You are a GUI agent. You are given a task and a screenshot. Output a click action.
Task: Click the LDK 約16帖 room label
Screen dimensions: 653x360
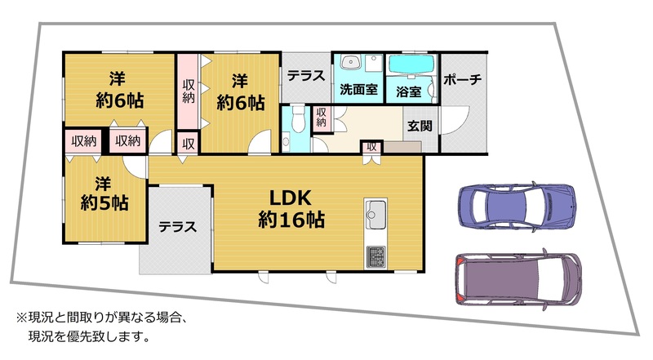click(x=291, y=208)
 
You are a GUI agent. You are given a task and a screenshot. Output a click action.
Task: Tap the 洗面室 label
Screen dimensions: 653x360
click(x=358, y=89)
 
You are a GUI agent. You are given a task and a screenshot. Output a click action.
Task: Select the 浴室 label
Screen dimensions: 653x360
click(x=409, y=91)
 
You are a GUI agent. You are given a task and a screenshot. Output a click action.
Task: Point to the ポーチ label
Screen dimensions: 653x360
click(x=463, y=79)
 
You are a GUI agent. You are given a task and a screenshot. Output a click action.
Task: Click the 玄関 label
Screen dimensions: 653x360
click(x=420, y=126)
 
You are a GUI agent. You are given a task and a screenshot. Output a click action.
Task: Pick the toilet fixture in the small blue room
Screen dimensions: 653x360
click(x=298, y=118)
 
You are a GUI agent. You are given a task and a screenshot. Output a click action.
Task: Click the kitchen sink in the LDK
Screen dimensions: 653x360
click(x=375, y=213)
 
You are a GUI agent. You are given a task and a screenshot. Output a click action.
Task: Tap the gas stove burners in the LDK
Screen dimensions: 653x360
click(x=375, y=257)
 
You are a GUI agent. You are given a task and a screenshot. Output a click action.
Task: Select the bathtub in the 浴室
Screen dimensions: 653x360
click(x=411, y=64)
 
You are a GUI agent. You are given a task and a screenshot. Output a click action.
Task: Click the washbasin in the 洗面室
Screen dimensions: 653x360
click(x=351, y=63)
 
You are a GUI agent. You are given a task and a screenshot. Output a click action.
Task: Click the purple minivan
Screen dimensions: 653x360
click(x=518, y=279)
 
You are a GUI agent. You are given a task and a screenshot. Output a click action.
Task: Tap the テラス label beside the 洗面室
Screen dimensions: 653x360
click(x=306, y=76)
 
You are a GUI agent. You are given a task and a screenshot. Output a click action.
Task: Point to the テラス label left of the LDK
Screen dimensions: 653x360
click(x=177, y=227)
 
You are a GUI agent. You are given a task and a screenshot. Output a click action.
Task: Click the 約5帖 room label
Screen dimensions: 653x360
click(x=104, y=203)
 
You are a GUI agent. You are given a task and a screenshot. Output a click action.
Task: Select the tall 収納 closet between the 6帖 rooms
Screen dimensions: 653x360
click(x=189, y=91)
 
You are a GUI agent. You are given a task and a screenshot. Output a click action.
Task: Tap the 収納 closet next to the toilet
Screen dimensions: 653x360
click(x=321, y=118)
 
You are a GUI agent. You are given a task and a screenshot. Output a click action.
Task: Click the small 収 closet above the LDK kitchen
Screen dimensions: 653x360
click(x=371, y=147)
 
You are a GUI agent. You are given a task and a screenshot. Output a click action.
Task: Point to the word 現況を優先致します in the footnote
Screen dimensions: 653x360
click(x=89, y=336)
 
